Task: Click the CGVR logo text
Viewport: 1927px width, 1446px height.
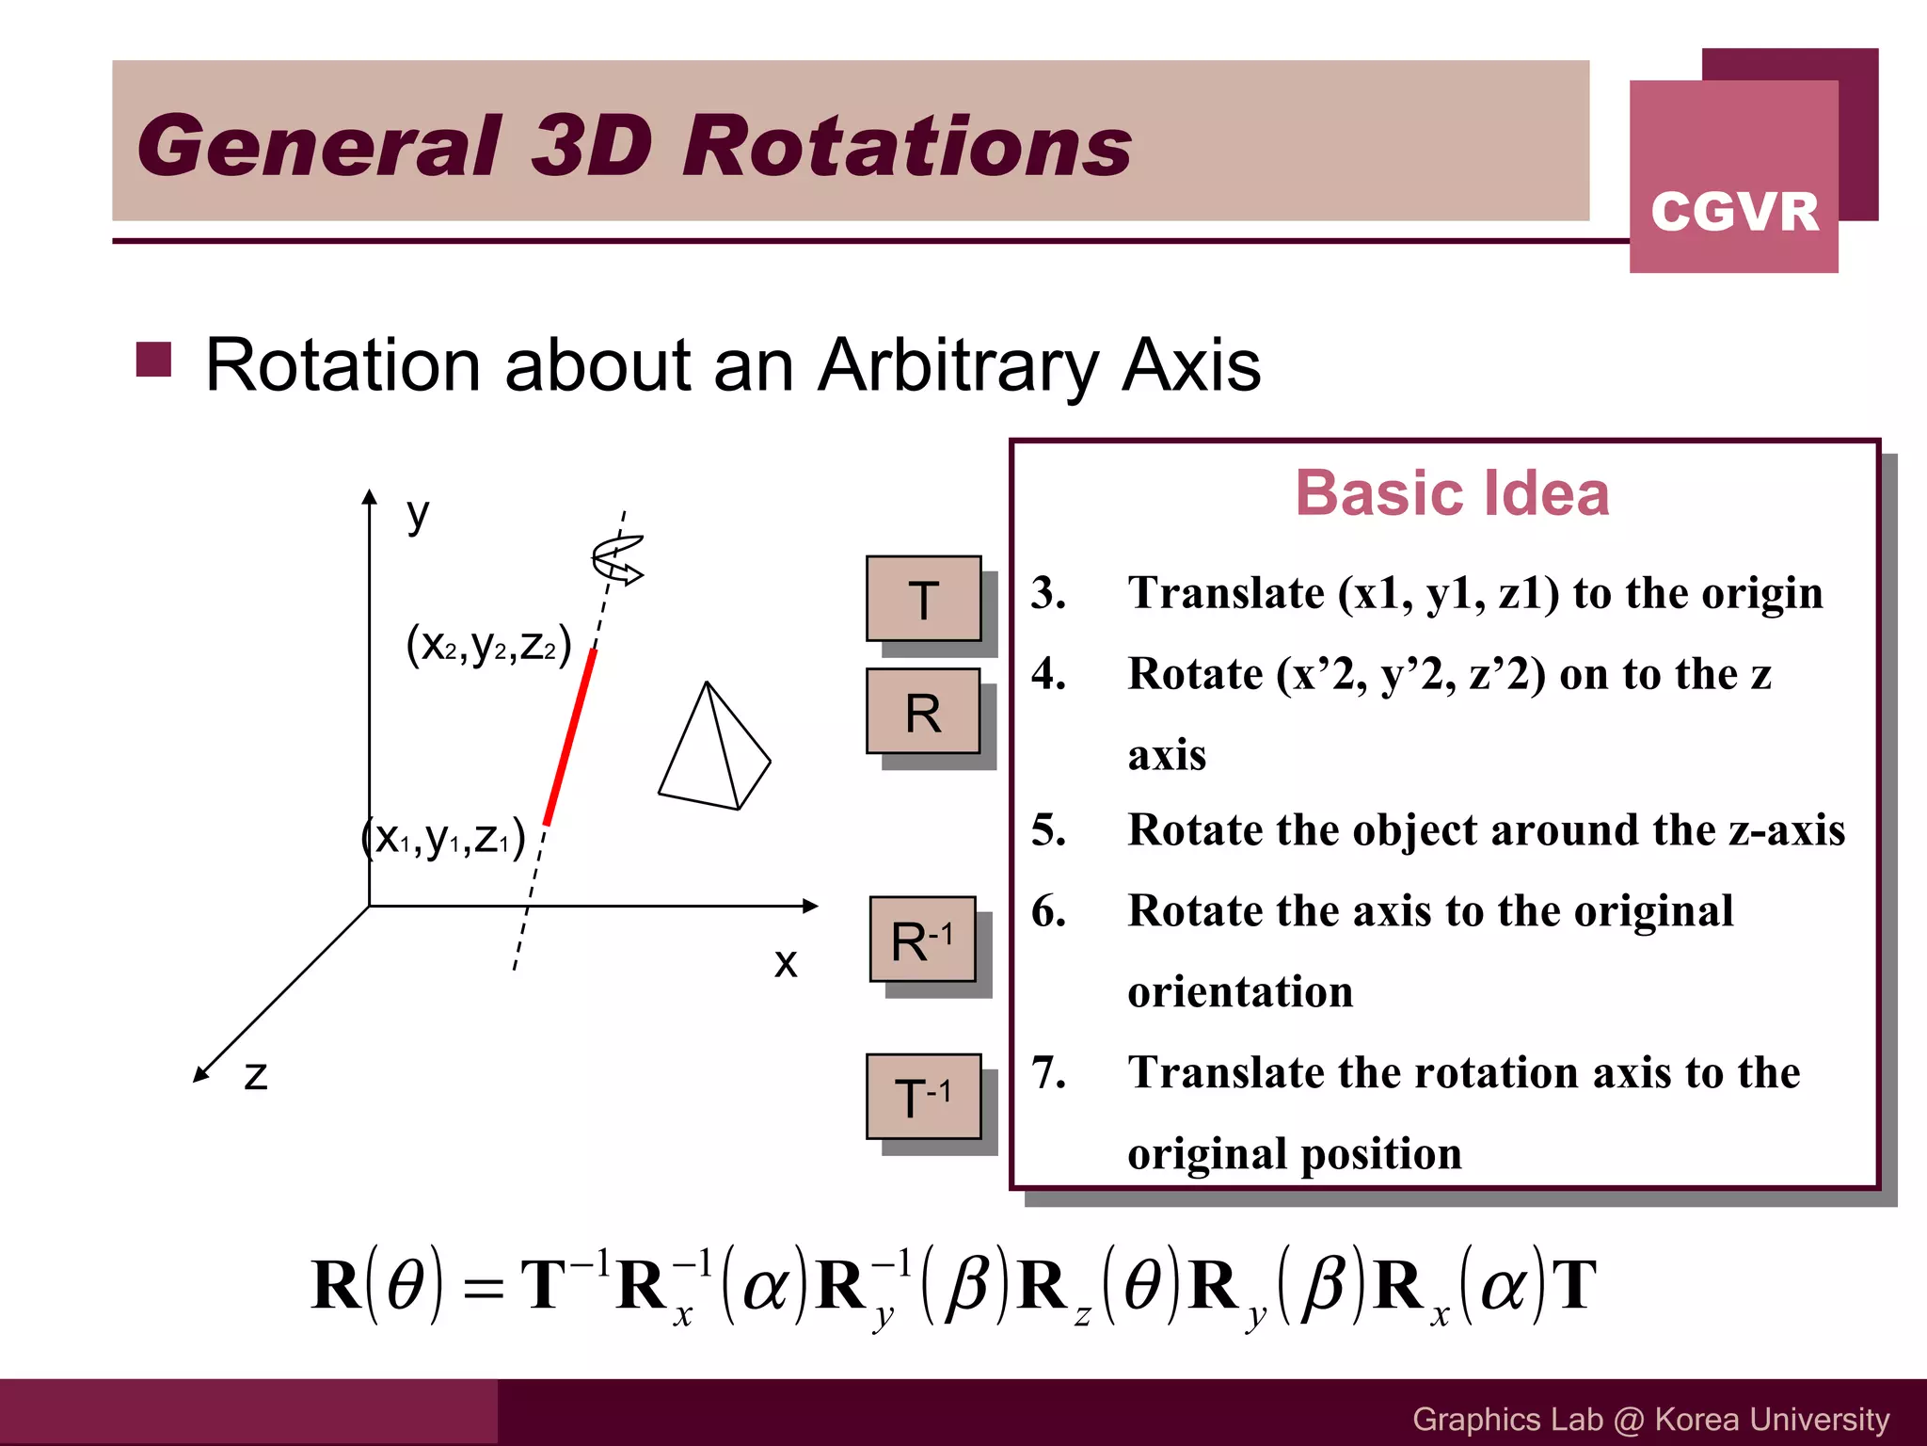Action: (1734, 211)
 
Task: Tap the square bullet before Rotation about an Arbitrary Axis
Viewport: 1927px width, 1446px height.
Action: (153, 360)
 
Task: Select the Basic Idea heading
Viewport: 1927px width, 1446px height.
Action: (1452, 493)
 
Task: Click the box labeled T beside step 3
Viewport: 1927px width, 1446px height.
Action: (923, 600)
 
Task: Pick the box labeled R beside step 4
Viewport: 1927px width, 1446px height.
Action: (923, 713)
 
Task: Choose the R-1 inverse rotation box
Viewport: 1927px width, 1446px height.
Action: (922, 940)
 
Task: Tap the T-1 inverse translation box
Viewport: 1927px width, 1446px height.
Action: (923, 1097)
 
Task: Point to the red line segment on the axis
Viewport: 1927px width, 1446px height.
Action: (570, 738)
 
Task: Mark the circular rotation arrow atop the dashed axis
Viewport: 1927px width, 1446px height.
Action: (617, 558)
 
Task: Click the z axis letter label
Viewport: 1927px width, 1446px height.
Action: (256, 1075)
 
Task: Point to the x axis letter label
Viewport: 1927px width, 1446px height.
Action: (786, 962)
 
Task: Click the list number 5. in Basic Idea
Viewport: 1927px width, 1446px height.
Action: (1048, 830)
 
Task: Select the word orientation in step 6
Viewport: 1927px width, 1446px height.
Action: (1240, 991)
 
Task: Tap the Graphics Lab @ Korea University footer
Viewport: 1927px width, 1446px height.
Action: (1650, 1419)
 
